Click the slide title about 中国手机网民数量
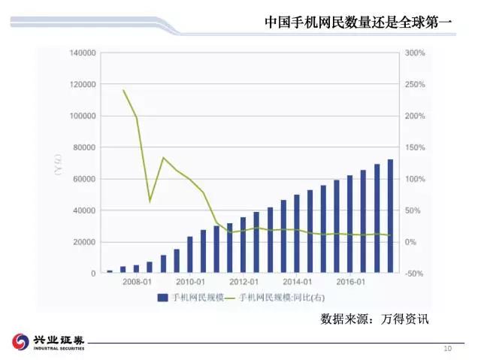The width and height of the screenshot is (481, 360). click(x=358, y=23)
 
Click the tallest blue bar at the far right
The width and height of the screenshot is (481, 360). click(x=390, y=216)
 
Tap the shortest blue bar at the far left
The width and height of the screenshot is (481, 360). click(x=110, y=271)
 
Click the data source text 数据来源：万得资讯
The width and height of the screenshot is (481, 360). click(x=374, y=319)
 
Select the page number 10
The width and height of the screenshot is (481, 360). click(x=447, y=349)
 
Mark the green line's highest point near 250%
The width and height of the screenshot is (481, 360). click(x=123, y=90)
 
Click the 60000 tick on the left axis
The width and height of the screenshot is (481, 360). click(x=84, y=179)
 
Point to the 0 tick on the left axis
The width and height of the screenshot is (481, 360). click(x=93, y=274)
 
